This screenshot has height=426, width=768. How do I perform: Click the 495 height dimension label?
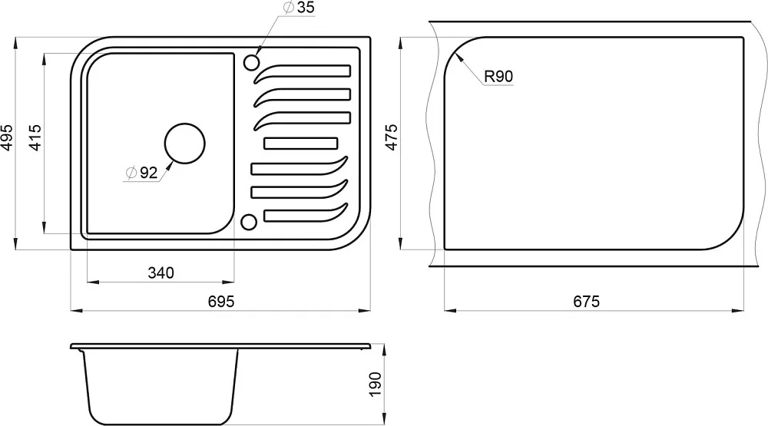[8, 137]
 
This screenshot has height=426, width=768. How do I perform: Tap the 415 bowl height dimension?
[35, 137]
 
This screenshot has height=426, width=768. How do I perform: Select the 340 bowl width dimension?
[161, 272]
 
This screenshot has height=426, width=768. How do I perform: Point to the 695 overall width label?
[221, 301]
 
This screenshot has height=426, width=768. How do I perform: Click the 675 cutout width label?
[586, 301]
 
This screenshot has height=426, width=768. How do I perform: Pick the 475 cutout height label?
[392, 137]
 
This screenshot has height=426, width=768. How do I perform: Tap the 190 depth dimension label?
[375, 385]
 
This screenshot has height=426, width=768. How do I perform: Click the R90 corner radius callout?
[498, 77]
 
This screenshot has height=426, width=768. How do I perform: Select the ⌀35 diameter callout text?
[300, 8]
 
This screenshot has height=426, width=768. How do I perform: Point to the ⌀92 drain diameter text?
[142, 173]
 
